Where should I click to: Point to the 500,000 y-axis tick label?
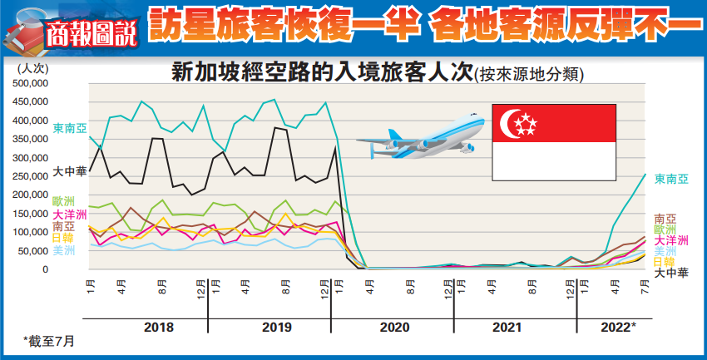(32, 83)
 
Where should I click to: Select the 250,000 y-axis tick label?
(32, 176)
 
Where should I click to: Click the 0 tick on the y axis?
(47, 269)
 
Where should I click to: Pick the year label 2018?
(159, 328)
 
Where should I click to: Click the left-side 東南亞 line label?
(68, 128)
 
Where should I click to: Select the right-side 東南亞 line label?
(671, 179)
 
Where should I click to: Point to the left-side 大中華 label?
(68, 172)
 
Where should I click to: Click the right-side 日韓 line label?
(664, 261)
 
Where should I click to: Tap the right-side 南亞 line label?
(664, 219)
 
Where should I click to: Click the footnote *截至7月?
(47, 342)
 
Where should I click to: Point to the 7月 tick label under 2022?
(645, 288)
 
